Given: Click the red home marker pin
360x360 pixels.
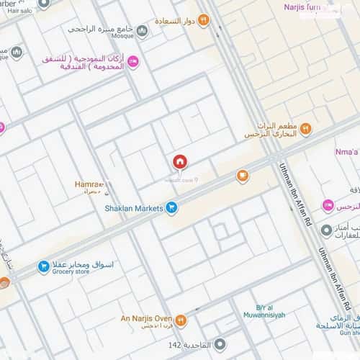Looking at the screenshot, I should click(179, 162).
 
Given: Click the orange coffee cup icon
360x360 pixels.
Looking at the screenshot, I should click(243, 175).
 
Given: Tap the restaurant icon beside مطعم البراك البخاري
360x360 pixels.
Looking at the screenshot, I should click(305, 129).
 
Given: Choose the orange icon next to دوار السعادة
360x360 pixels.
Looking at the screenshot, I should click(203, 20).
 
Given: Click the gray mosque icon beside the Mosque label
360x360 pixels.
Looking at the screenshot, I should click(142, 30).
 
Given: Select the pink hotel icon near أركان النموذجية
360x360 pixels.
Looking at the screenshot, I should click(132, 63).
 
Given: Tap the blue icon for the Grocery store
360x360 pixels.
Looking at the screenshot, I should click(44, 267).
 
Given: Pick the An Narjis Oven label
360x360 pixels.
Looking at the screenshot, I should click(146, 317).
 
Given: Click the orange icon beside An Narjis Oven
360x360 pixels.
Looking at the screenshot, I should click(181, 320).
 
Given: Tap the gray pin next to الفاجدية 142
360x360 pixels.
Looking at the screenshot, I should click(220, 345).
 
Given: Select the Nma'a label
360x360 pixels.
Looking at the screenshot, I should click(347, 152).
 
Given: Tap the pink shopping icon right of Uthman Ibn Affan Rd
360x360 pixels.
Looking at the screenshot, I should click(328, 206).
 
